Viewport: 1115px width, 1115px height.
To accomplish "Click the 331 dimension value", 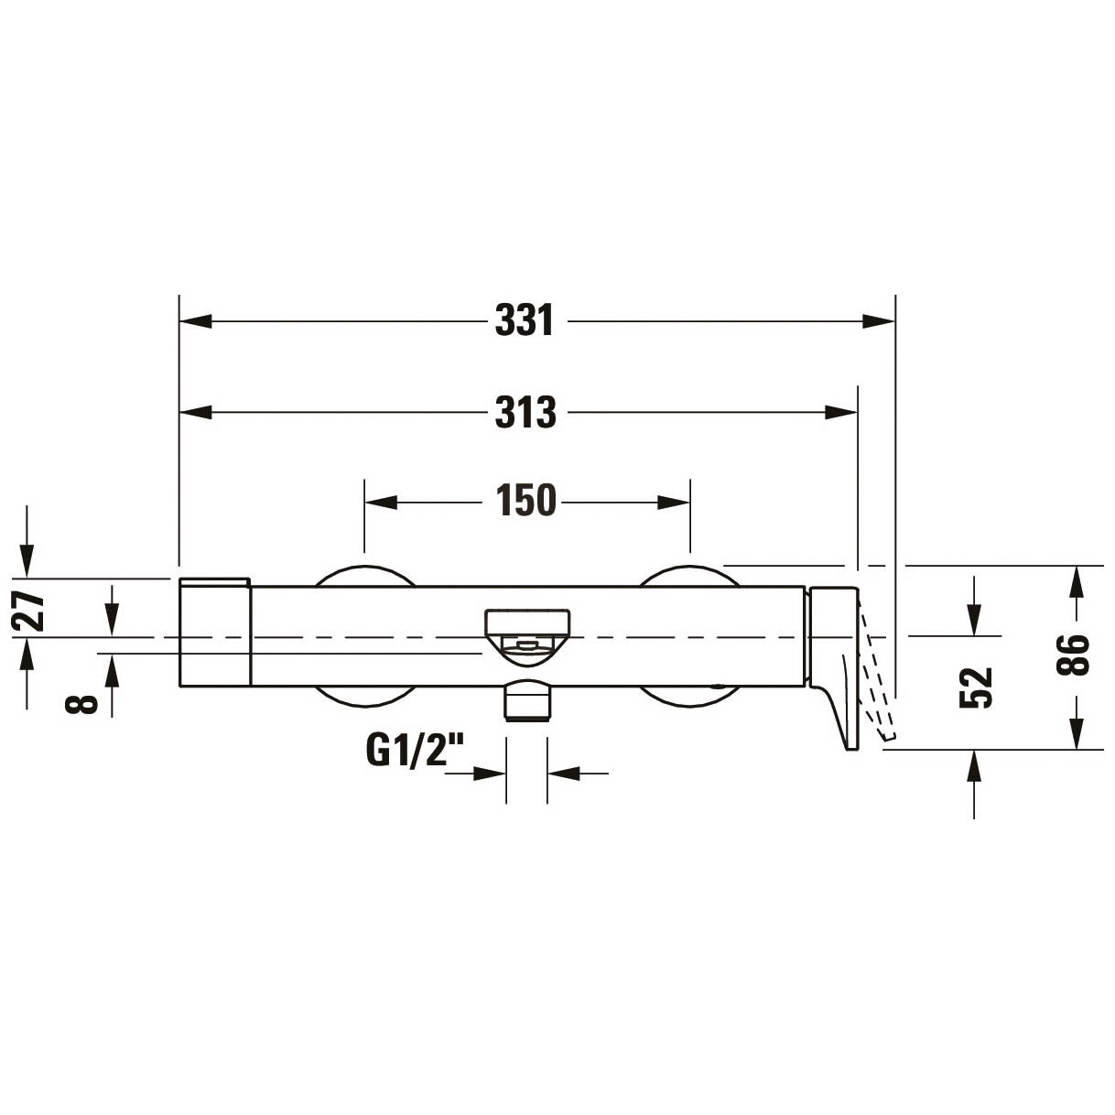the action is coord(525,320).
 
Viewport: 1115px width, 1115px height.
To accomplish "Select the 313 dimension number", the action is coord(525,412).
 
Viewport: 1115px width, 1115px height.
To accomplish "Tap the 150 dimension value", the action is coord(525,500).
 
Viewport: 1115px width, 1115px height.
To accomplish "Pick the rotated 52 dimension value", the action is coord(976,687).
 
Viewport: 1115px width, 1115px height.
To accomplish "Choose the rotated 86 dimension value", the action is coord(1072,655).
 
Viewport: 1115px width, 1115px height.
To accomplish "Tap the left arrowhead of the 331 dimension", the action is coord(196,320).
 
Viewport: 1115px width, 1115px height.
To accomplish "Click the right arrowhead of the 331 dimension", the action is coord(878,320).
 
